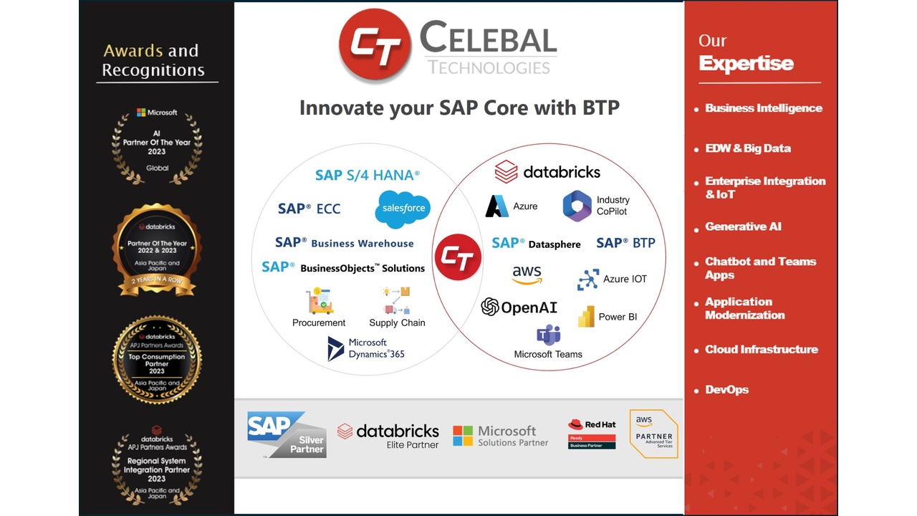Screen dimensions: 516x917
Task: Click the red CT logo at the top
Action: click(x=375, y=46)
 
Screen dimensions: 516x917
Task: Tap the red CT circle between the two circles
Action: click(x=458, y=257)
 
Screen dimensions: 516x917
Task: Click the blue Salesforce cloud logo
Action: click(x=403, y=209)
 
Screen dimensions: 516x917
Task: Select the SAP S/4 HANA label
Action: click(x=367, y=175)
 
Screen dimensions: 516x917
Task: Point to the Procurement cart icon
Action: click(x=319, y=301)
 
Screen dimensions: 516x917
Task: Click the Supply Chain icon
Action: click(x=397, y=301)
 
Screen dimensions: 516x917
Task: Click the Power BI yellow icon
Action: click(x=586, y=317)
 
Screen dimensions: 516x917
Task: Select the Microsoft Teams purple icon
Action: click(x=548, y=335)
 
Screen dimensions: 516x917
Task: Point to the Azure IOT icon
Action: click(x=588, y=279)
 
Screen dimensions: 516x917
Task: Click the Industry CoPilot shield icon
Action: click(x=577, y=206)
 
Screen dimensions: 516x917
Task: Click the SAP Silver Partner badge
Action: click(x=287, y=434)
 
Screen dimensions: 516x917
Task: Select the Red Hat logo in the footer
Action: click(x=592, y=434)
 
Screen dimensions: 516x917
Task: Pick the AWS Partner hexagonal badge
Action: click(x=653, y=434)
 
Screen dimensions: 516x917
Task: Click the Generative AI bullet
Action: click(x=743, y=226)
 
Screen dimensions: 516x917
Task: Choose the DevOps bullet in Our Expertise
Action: click(x=726, y=390)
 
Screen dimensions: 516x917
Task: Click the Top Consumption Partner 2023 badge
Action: click(x=157, y=360)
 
